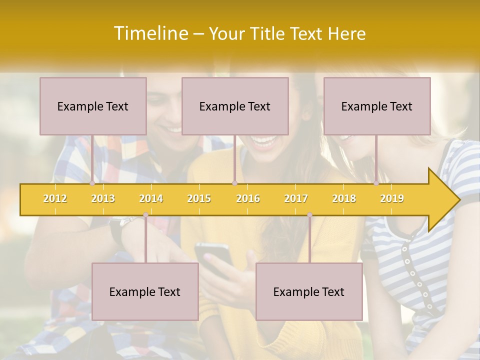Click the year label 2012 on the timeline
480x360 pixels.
[x=55, y=199]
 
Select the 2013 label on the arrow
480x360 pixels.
[x=103, y=199]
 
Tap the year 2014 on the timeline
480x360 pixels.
[x=151, y=199]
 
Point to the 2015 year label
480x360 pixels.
[x=199, y=199]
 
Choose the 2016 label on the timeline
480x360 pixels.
[x=248, y=199]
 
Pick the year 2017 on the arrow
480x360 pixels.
[x=296, y=199]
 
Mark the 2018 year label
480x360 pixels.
[x=344, y=199]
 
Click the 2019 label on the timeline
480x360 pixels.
[x=392, y=199]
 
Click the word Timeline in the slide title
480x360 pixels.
[x=150, y=33]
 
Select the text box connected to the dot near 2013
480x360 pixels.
[x=93, y=106]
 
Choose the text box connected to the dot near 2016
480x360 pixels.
[x=235, y=106]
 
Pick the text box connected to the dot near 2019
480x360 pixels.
[x=377, y=106]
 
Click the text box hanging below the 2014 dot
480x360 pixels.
[x=145, y=291]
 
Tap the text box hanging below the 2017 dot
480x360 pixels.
[x=309, y=291]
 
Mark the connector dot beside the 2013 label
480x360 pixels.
[x=92, y=183]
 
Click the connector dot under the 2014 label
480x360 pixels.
[x=145, y=215]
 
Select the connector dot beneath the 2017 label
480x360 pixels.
[x=309, y=215]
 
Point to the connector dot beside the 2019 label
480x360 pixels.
[x=376, y=183]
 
